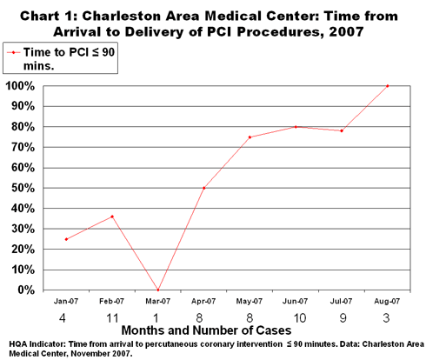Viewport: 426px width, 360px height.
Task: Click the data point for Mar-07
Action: (158, 290)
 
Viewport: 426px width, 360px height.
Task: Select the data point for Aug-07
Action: (388, 86)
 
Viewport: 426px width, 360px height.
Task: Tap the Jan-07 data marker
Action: (66, 239)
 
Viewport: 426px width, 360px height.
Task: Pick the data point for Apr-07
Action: (204, 188)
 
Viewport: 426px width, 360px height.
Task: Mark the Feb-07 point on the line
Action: (112, 217)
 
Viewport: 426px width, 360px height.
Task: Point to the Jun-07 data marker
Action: (296, 127)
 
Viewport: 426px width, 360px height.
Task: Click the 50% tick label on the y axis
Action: (23, 189)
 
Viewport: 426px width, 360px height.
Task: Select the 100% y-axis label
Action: (20, 86)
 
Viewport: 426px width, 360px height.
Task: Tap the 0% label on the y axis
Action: (26, 290)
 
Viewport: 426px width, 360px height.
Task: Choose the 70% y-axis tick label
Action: (23, 148)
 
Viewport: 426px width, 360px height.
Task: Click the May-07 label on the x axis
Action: (250, 302)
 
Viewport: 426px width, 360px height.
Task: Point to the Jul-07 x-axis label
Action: (341, 302)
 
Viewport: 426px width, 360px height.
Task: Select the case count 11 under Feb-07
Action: (112, 318)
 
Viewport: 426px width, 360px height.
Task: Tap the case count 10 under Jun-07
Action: (300, 318)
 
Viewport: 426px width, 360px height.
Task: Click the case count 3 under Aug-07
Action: (386, 318)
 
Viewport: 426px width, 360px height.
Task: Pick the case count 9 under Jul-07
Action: (343, 318)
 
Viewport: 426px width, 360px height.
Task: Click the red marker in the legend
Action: (13, 52)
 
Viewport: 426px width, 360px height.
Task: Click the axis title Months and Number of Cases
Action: (206, 330)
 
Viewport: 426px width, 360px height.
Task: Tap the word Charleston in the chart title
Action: (121, 16)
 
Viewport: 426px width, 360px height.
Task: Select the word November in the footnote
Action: (86, 354)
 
